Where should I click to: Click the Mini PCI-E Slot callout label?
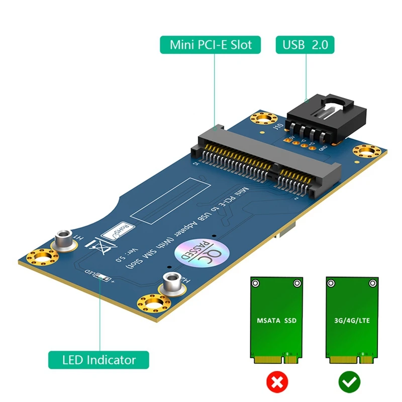pyautogui.click(x=210, y=45)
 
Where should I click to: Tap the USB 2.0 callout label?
pyautogui.click(x=305, y=45)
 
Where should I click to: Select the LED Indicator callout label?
pyautogui.click(x=99, y=360)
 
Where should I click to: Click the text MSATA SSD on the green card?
pyautogui.click(x=277, y=320)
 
